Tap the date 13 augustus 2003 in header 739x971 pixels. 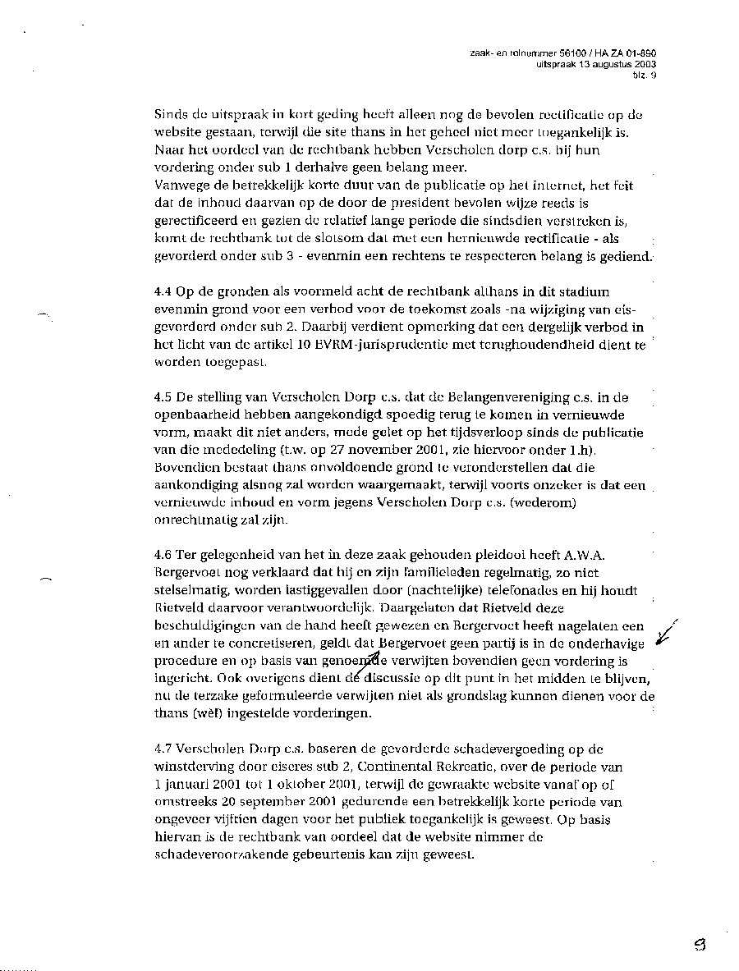pyautogui.click(x=619, y=63)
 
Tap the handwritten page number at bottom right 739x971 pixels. pyautogui.click(x=699, y=944)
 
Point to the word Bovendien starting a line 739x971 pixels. pyautogui.click(x=185, y=468)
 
